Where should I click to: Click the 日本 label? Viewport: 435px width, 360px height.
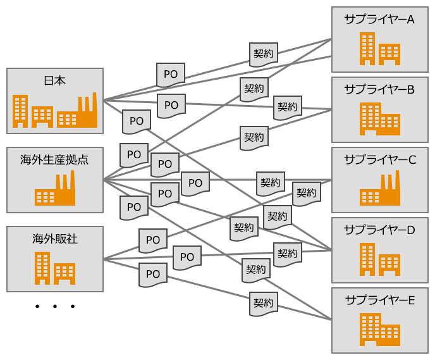coord(54,81)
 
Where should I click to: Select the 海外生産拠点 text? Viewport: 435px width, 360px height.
coord(54,159)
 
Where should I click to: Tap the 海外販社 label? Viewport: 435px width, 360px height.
coord(54,239)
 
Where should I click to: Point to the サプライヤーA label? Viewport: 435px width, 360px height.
coord(379,20)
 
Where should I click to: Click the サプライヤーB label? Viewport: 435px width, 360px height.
coord(379,90)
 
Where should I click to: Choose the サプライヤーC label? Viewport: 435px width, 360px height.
coord(379,160)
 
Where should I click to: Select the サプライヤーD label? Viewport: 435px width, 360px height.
coord(379,230)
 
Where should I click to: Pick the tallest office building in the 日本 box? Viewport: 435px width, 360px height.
coord(21,111)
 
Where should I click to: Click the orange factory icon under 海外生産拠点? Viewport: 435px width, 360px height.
coord(55,190)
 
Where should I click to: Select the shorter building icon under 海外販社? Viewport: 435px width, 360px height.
coord(64,273)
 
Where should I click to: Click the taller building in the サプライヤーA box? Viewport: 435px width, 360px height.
coord(367,49)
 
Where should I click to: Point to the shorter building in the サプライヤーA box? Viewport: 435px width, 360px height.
coord(389,54)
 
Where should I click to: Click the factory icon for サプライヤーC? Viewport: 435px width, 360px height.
coord(380,190)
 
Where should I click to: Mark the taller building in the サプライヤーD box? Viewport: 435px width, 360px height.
coord(367,259)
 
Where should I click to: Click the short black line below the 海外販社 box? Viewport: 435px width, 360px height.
coord(56,306)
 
